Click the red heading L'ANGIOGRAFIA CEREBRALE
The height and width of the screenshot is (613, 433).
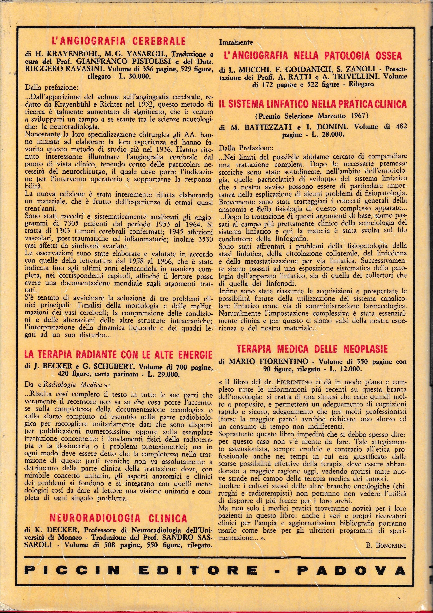[x=118, y=41]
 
